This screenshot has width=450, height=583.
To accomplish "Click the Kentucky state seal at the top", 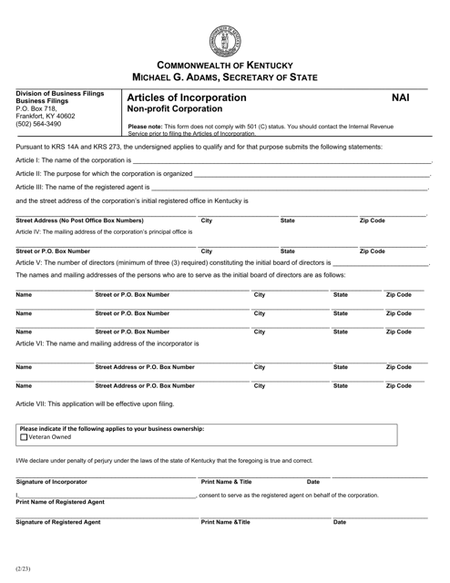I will tap(224, 35).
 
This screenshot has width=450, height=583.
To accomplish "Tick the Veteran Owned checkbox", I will tap(24, 438).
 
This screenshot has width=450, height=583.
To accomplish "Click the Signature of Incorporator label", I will tap(52, 481).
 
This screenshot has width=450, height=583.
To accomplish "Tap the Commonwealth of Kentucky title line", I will tap(224, 66).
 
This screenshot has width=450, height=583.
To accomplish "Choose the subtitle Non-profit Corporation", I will tap(175, 109).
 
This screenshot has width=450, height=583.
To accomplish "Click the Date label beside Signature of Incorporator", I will tap(312, 481).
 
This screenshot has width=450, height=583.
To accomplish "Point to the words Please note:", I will tap(148, 127).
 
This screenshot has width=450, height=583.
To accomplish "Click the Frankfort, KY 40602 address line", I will tap(44, 116).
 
